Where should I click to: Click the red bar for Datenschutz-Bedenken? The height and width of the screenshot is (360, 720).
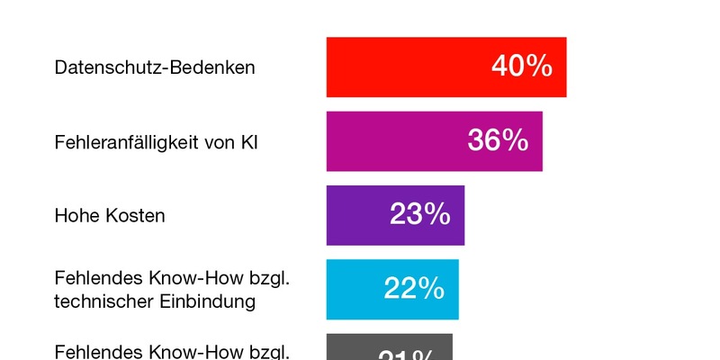tap(405, 67)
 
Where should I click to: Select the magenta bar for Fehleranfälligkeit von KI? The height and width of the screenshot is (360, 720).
tap(396, 140)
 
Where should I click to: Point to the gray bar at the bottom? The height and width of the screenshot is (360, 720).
tap(360, 348)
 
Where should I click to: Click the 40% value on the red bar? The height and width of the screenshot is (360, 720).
tap(522, 67)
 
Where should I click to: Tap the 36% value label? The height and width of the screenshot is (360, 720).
tap(498, 140)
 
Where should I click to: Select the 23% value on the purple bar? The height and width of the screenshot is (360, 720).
tap(419, 215)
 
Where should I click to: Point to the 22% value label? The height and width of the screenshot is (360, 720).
tap(414, 289)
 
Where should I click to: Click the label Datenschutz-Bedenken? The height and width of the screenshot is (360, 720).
tap(155, 67)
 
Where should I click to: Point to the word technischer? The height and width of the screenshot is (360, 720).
tap(100, 301)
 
